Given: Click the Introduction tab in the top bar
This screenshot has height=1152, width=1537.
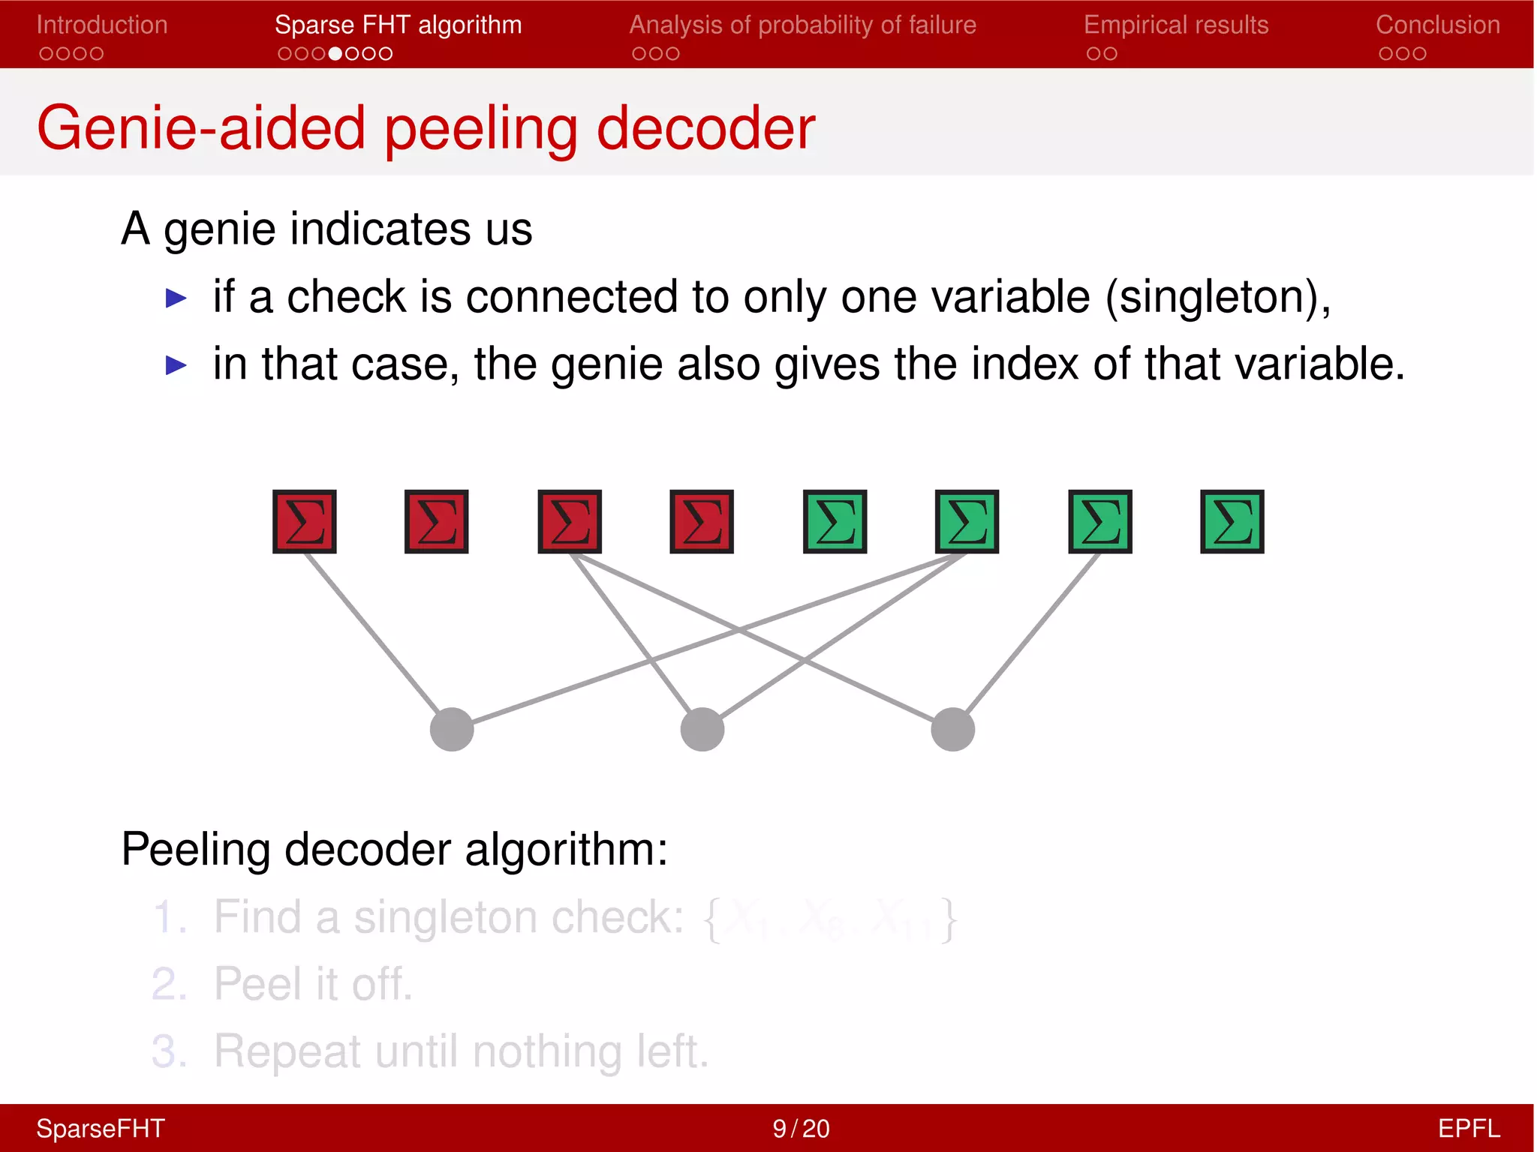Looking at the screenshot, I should [101, 25].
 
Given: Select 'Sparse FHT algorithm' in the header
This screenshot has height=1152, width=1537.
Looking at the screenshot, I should [398, 25].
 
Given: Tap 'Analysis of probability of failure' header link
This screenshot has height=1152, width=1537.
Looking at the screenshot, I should [802, 25].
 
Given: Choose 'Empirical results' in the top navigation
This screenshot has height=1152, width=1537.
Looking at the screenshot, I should [1175, 25].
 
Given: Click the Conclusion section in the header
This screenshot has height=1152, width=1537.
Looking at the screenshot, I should [1437, 25].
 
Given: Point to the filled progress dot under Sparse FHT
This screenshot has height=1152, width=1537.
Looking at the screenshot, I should [335, 54].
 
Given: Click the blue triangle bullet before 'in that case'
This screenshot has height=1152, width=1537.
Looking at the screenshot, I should [176, 365].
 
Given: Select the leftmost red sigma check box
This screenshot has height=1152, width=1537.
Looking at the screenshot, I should [304, 522].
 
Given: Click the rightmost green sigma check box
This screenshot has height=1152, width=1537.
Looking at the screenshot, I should [1232, 522].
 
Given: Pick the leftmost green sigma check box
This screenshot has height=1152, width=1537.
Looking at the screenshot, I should [835, 522].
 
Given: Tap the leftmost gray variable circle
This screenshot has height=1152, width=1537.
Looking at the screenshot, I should [452, 729].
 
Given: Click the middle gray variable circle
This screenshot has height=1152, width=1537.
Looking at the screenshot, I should [702, 729].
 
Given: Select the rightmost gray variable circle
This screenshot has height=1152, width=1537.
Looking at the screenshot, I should [952, 729].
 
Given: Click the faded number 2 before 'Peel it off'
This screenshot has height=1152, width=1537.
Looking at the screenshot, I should [168, 984].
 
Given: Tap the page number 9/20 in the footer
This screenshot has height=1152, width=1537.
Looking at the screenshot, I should [801, 1129].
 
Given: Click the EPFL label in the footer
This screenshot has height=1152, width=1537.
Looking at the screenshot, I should [1468, 1129].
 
